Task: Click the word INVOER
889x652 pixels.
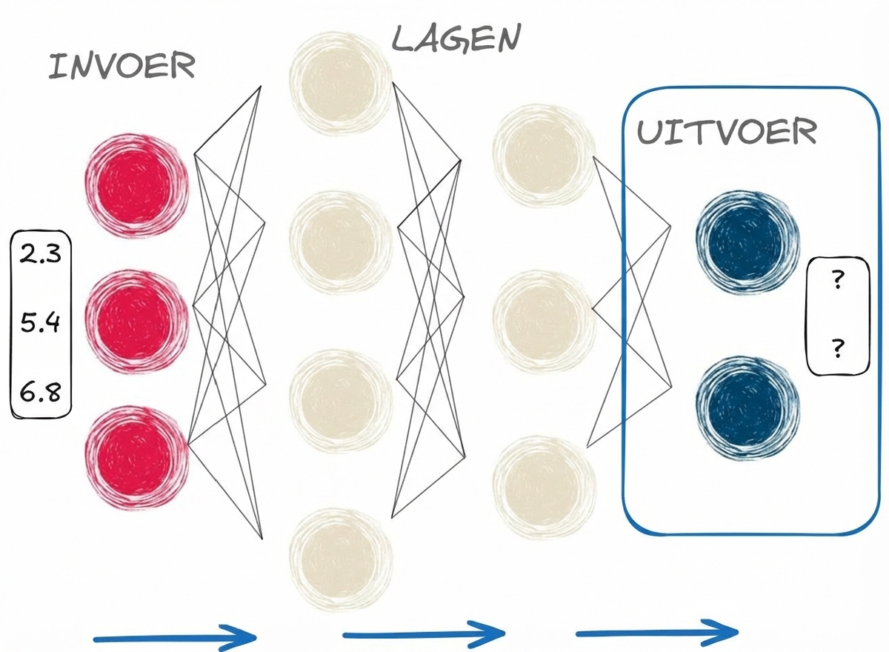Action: pos(122,67)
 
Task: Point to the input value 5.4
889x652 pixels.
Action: pos(41,324)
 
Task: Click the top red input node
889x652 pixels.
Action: pos(138,185)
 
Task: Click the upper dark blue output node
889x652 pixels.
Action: pos(748,240)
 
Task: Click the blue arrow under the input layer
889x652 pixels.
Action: pos(173,636)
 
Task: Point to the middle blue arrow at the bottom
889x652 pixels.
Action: pos(422,635)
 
